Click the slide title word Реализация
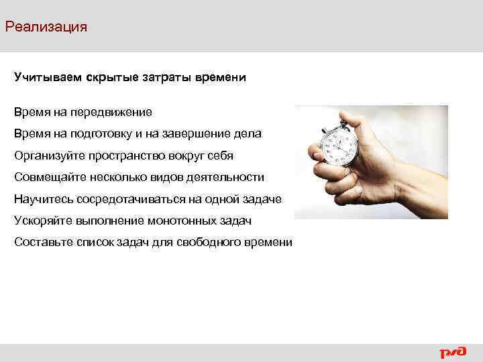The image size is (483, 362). click(x=46, y=27)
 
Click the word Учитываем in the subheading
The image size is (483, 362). click(x=46, y=78)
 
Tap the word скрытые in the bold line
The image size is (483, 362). click(x=111, y=78)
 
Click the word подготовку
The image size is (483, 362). click(x=109, y=133)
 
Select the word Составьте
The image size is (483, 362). click(x=42, y=242)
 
